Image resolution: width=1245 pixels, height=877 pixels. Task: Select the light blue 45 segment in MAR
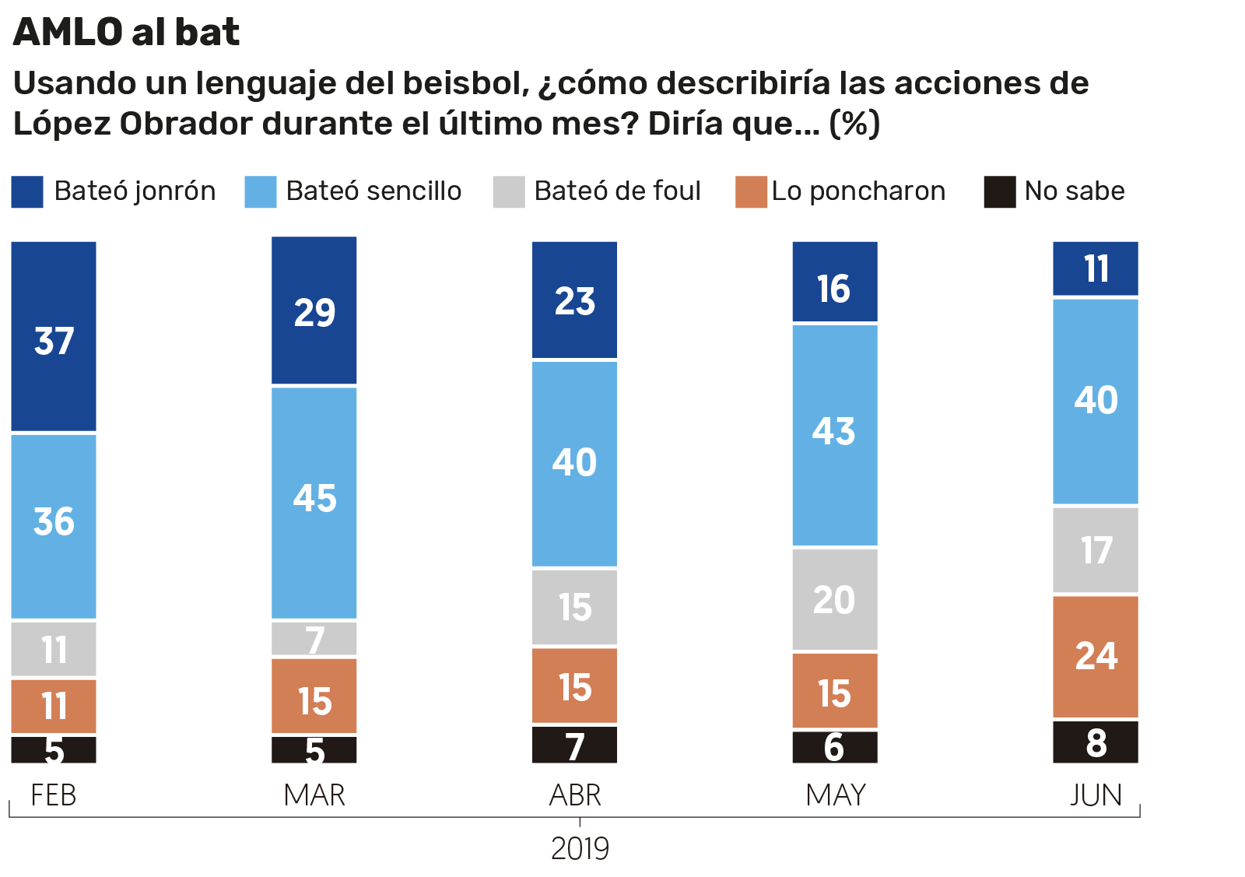[x=314, y=502]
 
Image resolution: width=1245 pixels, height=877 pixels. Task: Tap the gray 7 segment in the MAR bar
[x=314, y=639]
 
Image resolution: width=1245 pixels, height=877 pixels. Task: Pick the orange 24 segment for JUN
[x=1096, y=656]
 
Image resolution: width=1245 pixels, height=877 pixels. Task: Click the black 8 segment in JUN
[x=1096, y=742]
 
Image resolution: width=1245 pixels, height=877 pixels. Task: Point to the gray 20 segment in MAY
[x=835, y=599]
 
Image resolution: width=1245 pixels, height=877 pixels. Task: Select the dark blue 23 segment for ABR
[x=574, y=300]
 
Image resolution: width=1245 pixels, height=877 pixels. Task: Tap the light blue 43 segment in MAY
[x=835, y=434]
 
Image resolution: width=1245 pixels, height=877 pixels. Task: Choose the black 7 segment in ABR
[x=574, y=745]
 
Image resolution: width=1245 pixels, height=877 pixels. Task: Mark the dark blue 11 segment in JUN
[x=1096, y=268]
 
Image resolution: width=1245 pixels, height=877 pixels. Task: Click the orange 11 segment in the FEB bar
[x=54, y=706]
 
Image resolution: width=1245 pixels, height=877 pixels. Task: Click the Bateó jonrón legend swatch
[x=27, y=191]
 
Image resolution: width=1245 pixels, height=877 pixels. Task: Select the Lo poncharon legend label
[x=858, y=191]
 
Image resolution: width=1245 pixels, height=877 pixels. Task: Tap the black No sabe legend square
[x=1000, y=191]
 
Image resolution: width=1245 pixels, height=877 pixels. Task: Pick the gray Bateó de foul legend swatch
[x=509, y=191]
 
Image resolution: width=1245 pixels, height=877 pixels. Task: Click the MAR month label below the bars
[x=314, y=795]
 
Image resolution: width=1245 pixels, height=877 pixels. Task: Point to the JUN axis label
[x=1096, y=795]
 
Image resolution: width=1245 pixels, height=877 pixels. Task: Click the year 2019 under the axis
[x=580, y=849]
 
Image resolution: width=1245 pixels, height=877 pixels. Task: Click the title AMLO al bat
[x=127, y=33]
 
